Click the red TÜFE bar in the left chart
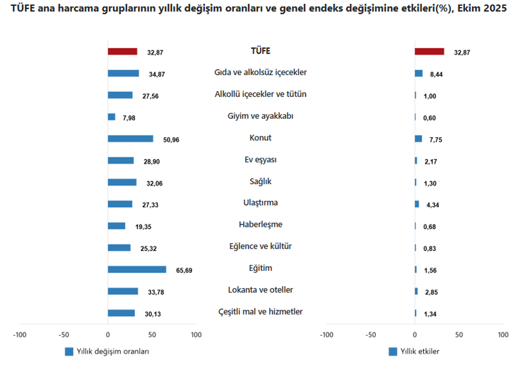122,52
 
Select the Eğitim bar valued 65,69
137,269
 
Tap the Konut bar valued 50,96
130,138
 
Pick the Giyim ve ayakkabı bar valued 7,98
111,117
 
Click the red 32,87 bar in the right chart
429,52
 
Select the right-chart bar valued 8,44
418,73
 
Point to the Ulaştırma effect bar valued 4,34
417,204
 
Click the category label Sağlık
260,181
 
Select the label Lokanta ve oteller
260,290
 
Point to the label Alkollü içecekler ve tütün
260,94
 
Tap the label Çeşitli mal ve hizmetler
260,312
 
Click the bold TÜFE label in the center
260,51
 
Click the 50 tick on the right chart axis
459,335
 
